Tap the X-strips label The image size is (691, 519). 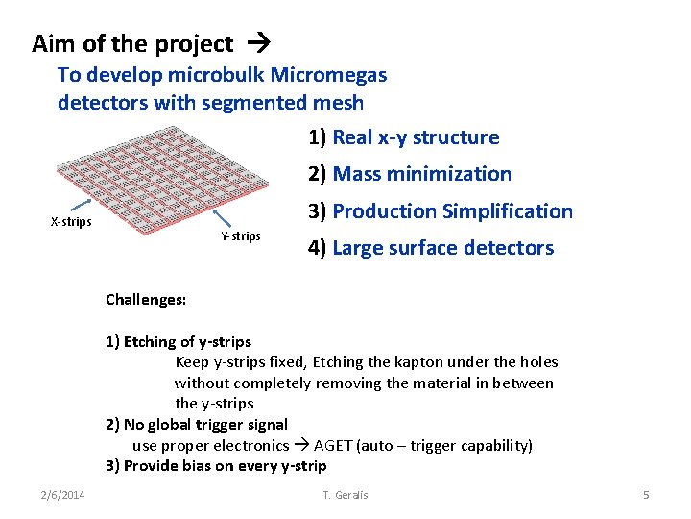(x=71, y=222)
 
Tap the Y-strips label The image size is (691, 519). (x=240, y=235)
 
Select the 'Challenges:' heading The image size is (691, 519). (x=146, y=300)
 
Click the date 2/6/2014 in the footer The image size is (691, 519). (x=62, y=494)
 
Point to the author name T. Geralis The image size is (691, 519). (x=345, y=494)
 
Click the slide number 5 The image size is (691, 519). (x=646, y=494)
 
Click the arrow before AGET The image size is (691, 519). (x=300, y=446)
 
